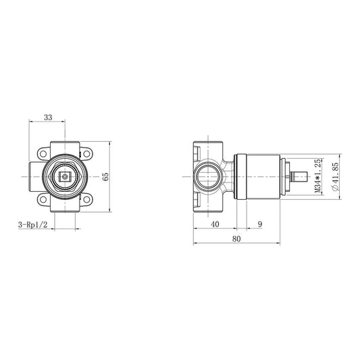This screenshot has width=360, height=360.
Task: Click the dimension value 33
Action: [x=47, y=117]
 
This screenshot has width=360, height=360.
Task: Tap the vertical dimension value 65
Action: [x=105, y=176]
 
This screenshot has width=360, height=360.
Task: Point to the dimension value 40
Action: [x=214, y=224]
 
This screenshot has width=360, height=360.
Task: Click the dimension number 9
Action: [x=259, y=224]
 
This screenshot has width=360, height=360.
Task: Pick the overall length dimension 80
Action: [x=237, y=239]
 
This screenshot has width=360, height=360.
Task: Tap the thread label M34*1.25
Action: [x=317, y=176]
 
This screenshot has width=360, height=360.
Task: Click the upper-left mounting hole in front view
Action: [x=43, y=152]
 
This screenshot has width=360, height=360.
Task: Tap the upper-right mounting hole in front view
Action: [x=88, y=152]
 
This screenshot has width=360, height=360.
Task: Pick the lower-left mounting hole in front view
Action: [x=43, y=201]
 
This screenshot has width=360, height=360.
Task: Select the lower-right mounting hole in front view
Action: [x=88, y=201]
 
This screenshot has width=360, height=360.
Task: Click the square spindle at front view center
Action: [x=65, y=177]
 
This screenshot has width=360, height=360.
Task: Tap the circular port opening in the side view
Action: [x=206, y=177]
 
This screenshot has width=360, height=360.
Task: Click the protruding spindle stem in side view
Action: [x=303, y=177]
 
